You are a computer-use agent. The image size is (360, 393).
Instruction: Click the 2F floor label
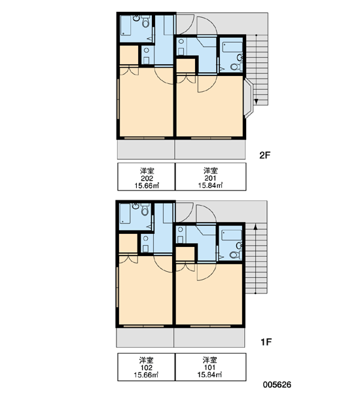point(265,155)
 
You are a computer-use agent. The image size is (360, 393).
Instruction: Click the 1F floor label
point(266,342)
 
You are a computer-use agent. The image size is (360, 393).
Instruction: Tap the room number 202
point(147,178)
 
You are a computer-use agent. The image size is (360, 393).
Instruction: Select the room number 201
point(211,178)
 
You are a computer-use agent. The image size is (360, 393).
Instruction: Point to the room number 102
point(147,367)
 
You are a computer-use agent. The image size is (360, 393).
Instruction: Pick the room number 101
point(209,367)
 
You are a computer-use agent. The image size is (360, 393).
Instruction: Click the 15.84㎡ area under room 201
point(211,185)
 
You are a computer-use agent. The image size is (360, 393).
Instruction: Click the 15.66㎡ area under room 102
point(146,375)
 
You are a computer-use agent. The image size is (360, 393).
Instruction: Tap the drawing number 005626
point(277,384)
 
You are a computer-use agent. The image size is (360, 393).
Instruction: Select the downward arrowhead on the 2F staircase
point(256,102)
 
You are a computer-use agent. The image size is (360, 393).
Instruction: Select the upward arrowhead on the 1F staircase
point(255,227)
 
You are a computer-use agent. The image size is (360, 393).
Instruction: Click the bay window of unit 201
point(248,98)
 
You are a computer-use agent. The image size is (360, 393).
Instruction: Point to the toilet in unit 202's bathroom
point(145,22)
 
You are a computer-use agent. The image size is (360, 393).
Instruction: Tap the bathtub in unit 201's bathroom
point(232,47)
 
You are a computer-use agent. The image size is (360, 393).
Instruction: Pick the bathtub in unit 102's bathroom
point(124,214)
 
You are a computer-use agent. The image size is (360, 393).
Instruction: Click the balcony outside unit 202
point(146,149)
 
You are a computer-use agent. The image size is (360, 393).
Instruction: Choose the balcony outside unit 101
point(209,337)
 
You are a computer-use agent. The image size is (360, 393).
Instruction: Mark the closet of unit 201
point(186,65)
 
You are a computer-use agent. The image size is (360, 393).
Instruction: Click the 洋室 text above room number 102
point(147,360)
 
